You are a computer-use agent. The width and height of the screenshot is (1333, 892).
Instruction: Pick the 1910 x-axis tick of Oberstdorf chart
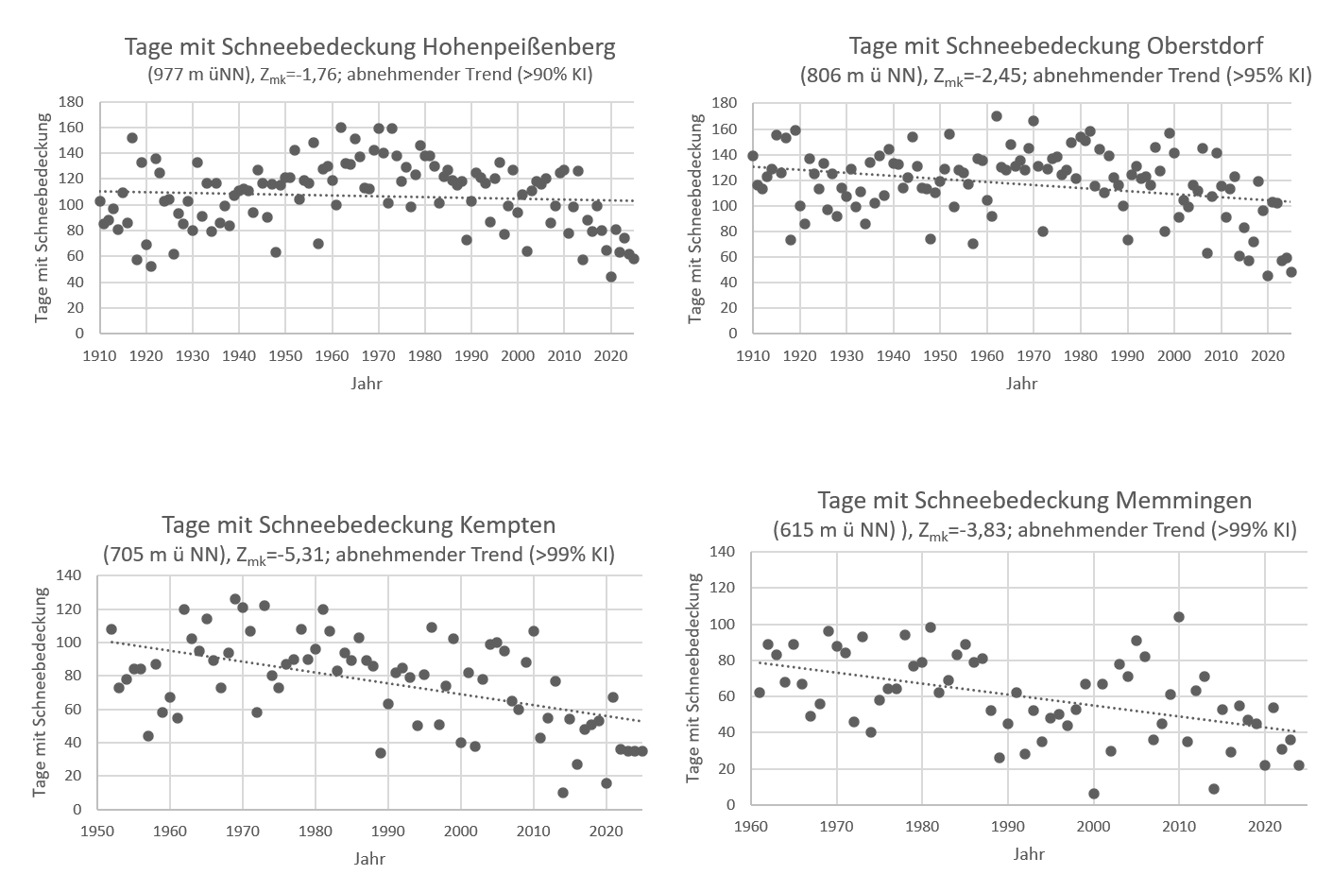pyautogui.click(x=753, y=356)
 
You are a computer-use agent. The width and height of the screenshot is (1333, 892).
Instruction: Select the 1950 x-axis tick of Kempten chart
pyautogui.click(x=97, y=832)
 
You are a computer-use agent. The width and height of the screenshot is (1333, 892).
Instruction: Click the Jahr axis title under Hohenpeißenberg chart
pyautogui.click(x=367, y=384)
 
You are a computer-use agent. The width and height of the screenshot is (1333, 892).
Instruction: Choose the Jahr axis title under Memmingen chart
pyautogui.click(x=1029, y=853)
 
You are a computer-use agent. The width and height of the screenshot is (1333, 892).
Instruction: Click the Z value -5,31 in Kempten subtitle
pyautogui.click(x=304, y=555)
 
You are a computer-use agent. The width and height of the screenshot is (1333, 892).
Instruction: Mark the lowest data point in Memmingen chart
pyautogui.click(x=1094, y=794)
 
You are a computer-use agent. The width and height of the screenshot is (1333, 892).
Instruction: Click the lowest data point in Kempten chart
pyautogui.click(x=563, y=793)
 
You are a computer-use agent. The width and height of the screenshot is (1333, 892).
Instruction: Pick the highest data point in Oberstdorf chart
pyautogui.click(x=996, y=116)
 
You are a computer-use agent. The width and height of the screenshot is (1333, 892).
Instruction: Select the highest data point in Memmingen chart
pyautogui.click(x=1178, y=617)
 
